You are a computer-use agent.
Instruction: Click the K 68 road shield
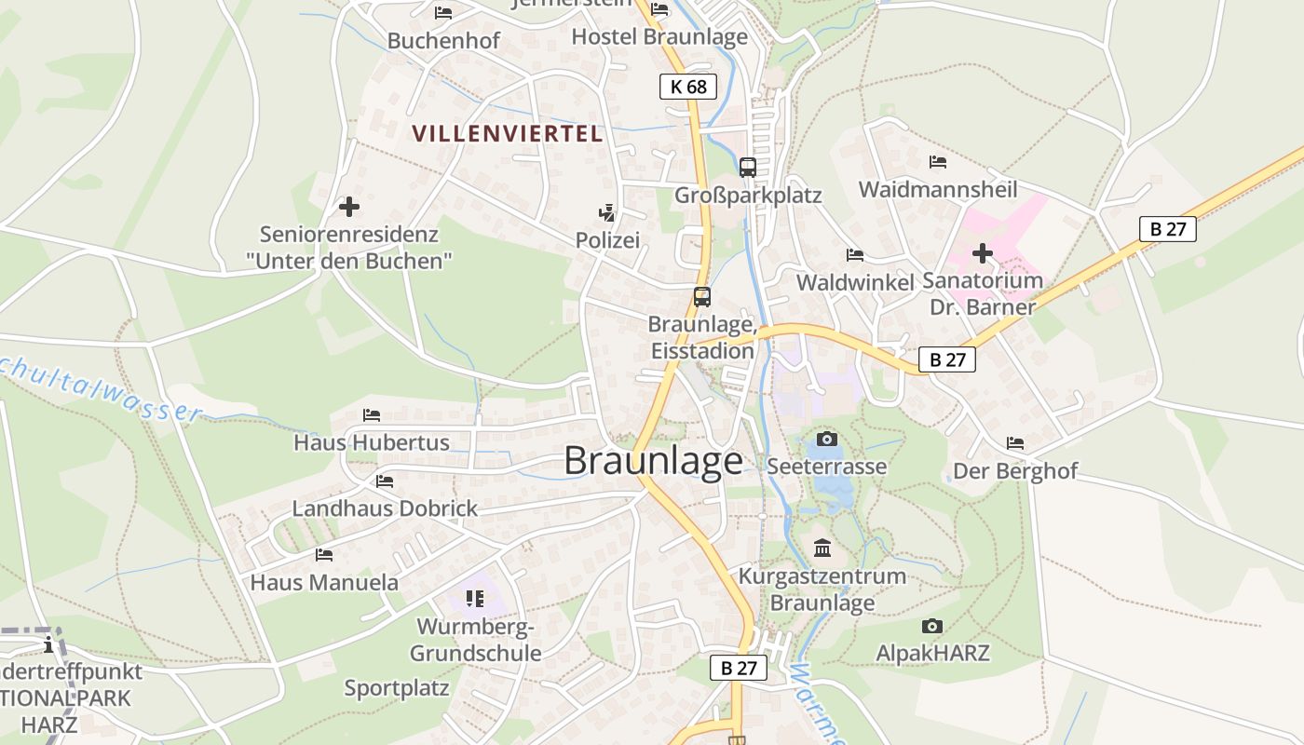point(688,87)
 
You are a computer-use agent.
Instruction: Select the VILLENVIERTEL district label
point(508,133)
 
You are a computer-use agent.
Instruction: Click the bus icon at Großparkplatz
point(747,168)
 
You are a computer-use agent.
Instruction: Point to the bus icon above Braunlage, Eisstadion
point(702,297)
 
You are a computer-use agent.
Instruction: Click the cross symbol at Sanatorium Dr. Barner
point(982,253)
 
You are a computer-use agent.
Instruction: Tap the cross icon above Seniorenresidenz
point(349,207)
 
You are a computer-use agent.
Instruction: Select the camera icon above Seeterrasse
point(826,439)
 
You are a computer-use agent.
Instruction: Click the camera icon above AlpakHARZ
point(931,626)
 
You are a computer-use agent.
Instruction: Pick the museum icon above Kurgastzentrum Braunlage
point(822,549)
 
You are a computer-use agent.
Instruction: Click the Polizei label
point(607,240)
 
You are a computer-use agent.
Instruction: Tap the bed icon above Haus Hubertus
point(372,414)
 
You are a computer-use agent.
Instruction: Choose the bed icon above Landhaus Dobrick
point(384,481)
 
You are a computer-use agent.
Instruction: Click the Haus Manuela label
point(324,583)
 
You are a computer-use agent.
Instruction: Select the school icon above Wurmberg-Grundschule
point(475,598)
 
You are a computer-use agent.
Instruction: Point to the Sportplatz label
point(397,688)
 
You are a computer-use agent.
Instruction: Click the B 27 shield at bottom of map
point(739,667)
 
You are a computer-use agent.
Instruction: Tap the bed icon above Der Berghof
point(1014,443)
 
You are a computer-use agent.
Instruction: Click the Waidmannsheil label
point(937,189)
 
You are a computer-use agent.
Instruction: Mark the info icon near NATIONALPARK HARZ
point(48,643)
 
